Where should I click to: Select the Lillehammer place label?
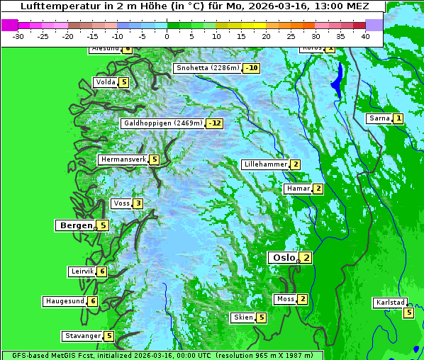coord(265,164)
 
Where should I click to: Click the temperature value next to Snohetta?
coord(252,69)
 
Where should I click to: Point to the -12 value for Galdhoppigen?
coord(215,123)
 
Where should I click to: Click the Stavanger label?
coord(82,336)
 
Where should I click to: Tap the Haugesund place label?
coord(65,301)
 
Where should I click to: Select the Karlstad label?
coord(391,303)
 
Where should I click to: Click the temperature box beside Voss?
coord(138,204)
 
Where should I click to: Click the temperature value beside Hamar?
coord(318,189)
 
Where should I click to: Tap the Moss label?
coord(285,299)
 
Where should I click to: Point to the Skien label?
coord(242,317)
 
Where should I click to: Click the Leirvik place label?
coord(82,271)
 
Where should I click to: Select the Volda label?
coord(105,82)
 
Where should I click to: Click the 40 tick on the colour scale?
coord(365,36)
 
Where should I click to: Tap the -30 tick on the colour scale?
coord(18,36)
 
